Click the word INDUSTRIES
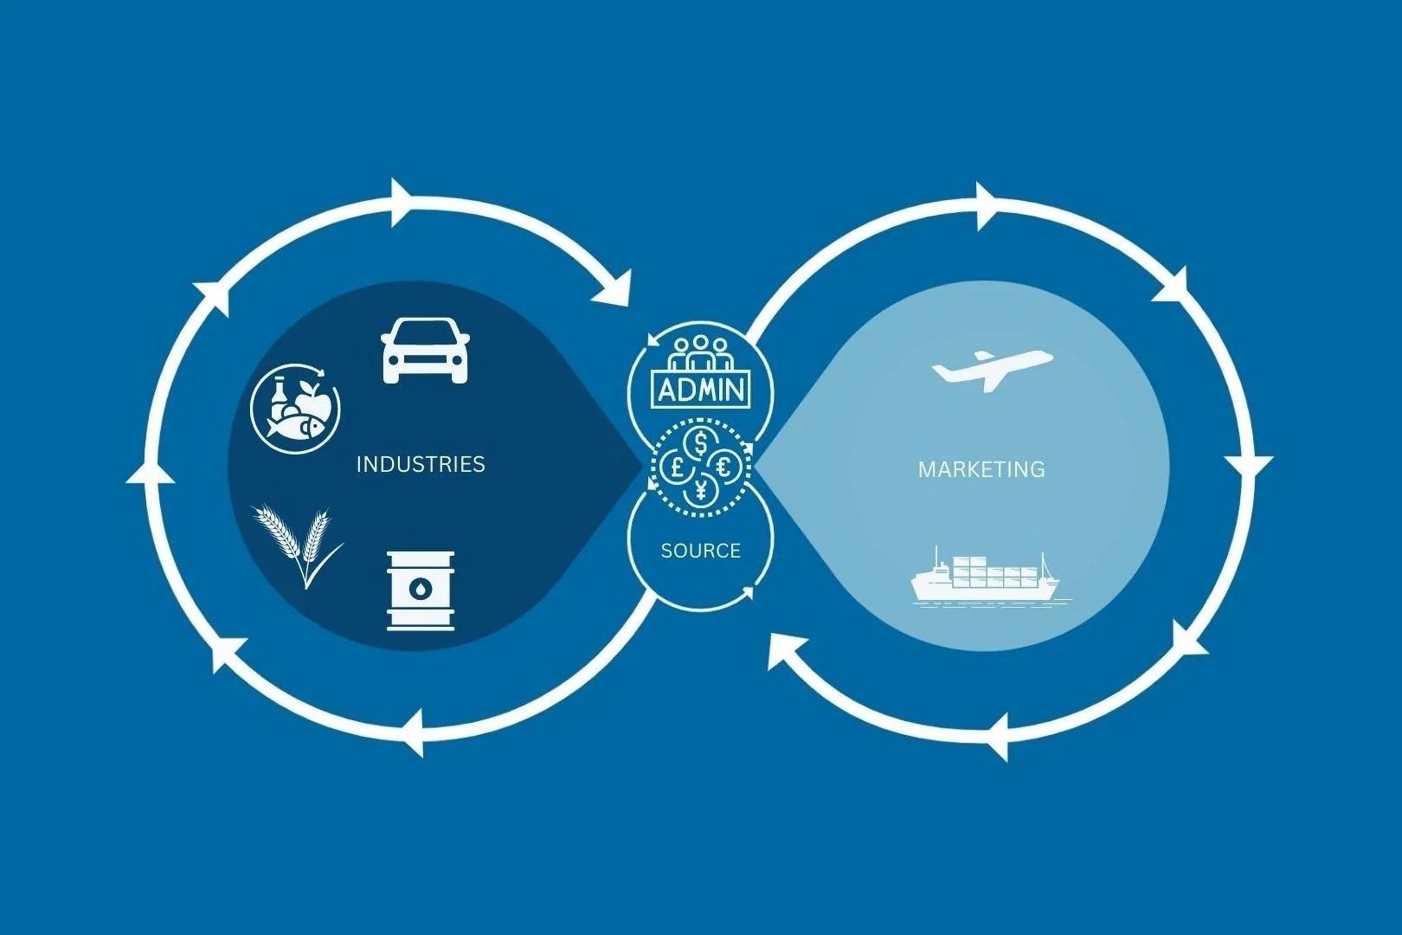(421, 465)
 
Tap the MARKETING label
(981, 470)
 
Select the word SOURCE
(700, 551)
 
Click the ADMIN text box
(701, 390)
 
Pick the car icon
(425, 350)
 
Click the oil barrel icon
(421, 590)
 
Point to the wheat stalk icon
(295, 544)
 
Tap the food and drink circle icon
(295, 408)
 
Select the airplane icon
(991, 369)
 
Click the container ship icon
(986, 577)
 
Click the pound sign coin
(677, 467)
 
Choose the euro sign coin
(724, 467)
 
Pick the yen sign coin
(701, 492)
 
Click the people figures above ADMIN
(700, 355)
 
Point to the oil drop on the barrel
(420, 590)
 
